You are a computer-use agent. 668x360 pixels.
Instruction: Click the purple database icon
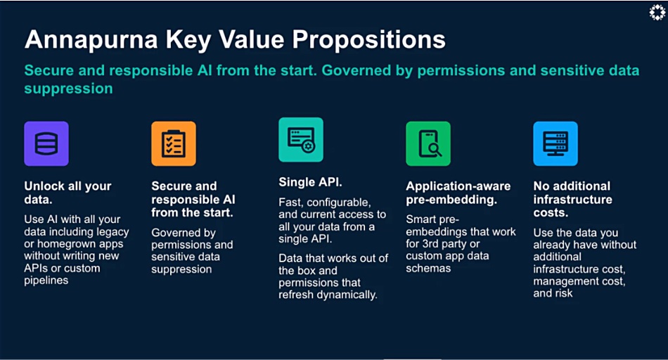pyautogui.click(x=46, y=143)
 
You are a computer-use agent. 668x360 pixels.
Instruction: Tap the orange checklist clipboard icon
pyautogui.click(x=174, y=143)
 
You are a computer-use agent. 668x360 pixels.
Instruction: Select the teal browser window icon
pyautogui.click(x=301, y=140)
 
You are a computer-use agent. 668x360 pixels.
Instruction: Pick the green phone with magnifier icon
pyautogui.click(x=428, y=143)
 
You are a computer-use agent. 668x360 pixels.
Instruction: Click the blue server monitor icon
pyautogui.click(x=555, y=143)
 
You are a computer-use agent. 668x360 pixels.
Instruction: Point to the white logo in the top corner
pyautogui.click(x=657, y=13)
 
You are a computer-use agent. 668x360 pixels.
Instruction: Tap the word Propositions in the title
pyautogui.click(x=368, y=40)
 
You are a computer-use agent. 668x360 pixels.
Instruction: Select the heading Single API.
pyautogui.click(x=310, y=182)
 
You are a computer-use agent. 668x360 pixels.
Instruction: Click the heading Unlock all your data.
pyautogui.click(x=68, y=193)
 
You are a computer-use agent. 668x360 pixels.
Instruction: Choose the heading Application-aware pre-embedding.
pyautogui.click(x=458, y=193)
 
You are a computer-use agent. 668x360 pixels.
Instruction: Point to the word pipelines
pyautogui.click(x=46, y=281)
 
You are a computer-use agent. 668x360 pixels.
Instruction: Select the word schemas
pyautogui.click(x=428, y=269)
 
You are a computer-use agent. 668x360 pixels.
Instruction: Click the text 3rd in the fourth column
pyautogui.click(x=430, y=244)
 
